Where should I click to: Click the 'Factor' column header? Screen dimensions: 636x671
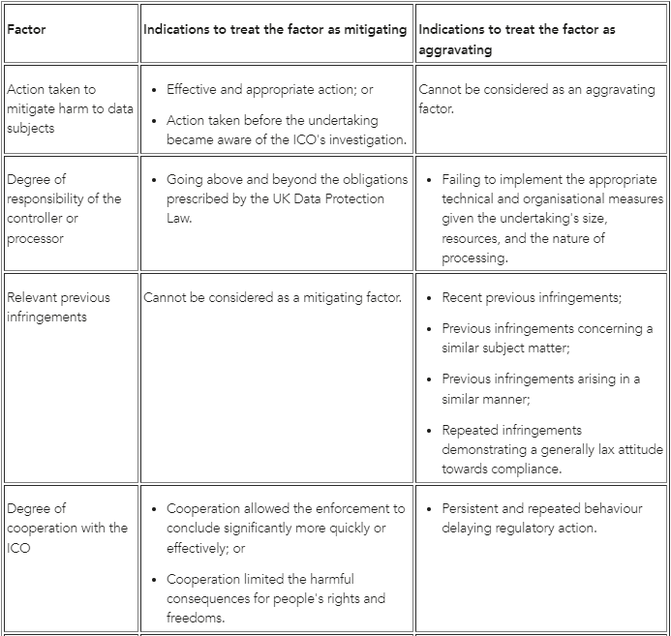26,30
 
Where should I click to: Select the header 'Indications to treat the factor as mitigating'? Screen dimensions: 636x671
275,30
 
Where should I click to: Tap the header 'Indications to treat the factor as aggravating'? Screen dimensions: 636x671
517,39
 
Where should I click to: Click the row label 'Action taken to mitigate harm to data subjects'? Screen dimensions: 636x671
70,108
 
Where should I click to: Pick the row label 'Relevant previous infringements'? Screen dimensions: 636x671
58,307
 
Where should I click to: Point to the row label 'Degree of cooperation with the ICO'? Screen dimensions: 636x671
67,528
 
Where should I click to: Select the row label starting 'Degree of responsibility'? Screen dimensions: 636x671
65,208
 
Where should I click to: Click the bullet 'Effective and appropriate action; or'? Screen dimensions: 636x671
269,89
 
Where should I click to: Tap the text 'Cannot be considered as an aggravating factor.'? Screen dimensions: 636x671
536,99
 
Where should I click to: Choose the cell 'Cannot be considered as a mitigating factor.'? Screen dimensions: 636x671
272,297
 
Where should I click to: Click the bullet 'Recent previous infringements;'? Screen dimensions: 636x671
532,297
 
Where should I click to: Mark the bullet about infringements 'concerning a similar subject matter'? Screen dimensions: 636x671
547,338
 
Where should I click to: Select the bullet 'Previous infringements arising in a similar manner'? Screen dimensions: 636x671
540,388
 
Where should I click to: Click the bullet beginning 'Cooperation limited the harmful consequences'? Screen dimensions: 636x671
276,598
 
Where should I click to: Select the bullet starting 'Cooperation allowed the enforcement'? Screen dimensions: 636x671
286,528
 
